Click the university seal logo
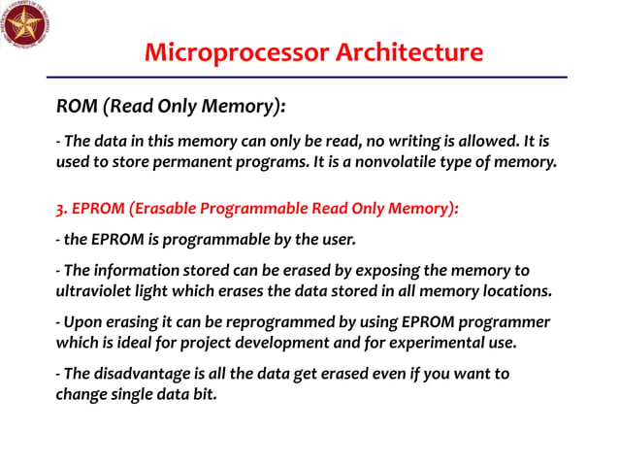26,26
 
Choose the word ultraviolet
96,290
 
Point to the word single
129,394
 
